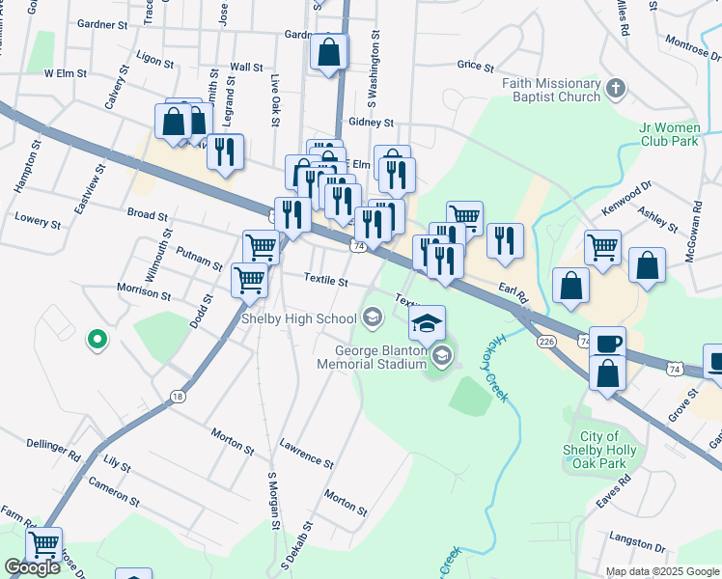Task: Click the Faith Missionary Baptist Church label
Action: pyautogui.click(x=551, y=90)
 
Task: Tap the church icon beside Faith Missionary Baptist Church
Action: pyautogui.click(x=617, y=90)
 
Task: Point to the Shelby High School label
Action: pyautogui.click(x=298, y=318)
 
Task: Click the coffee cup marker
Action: pyautogui.click(x=607, y=344)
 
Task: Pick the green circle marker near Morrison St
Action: pyautogui.click(x=97, y=339)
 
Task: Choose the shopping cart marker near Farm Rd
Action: pyautogui.click(x=44, y=545)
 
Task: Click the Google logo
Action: pyautogui.click(x=33, y=567)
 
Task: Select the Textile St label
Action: pyautogui.click(x=325, y=281)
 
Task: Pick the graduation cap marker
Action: pyautogui.click(x=428, y=323)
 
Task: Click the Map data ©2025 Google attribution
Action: pyautogui.click(x=661, y=571)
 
